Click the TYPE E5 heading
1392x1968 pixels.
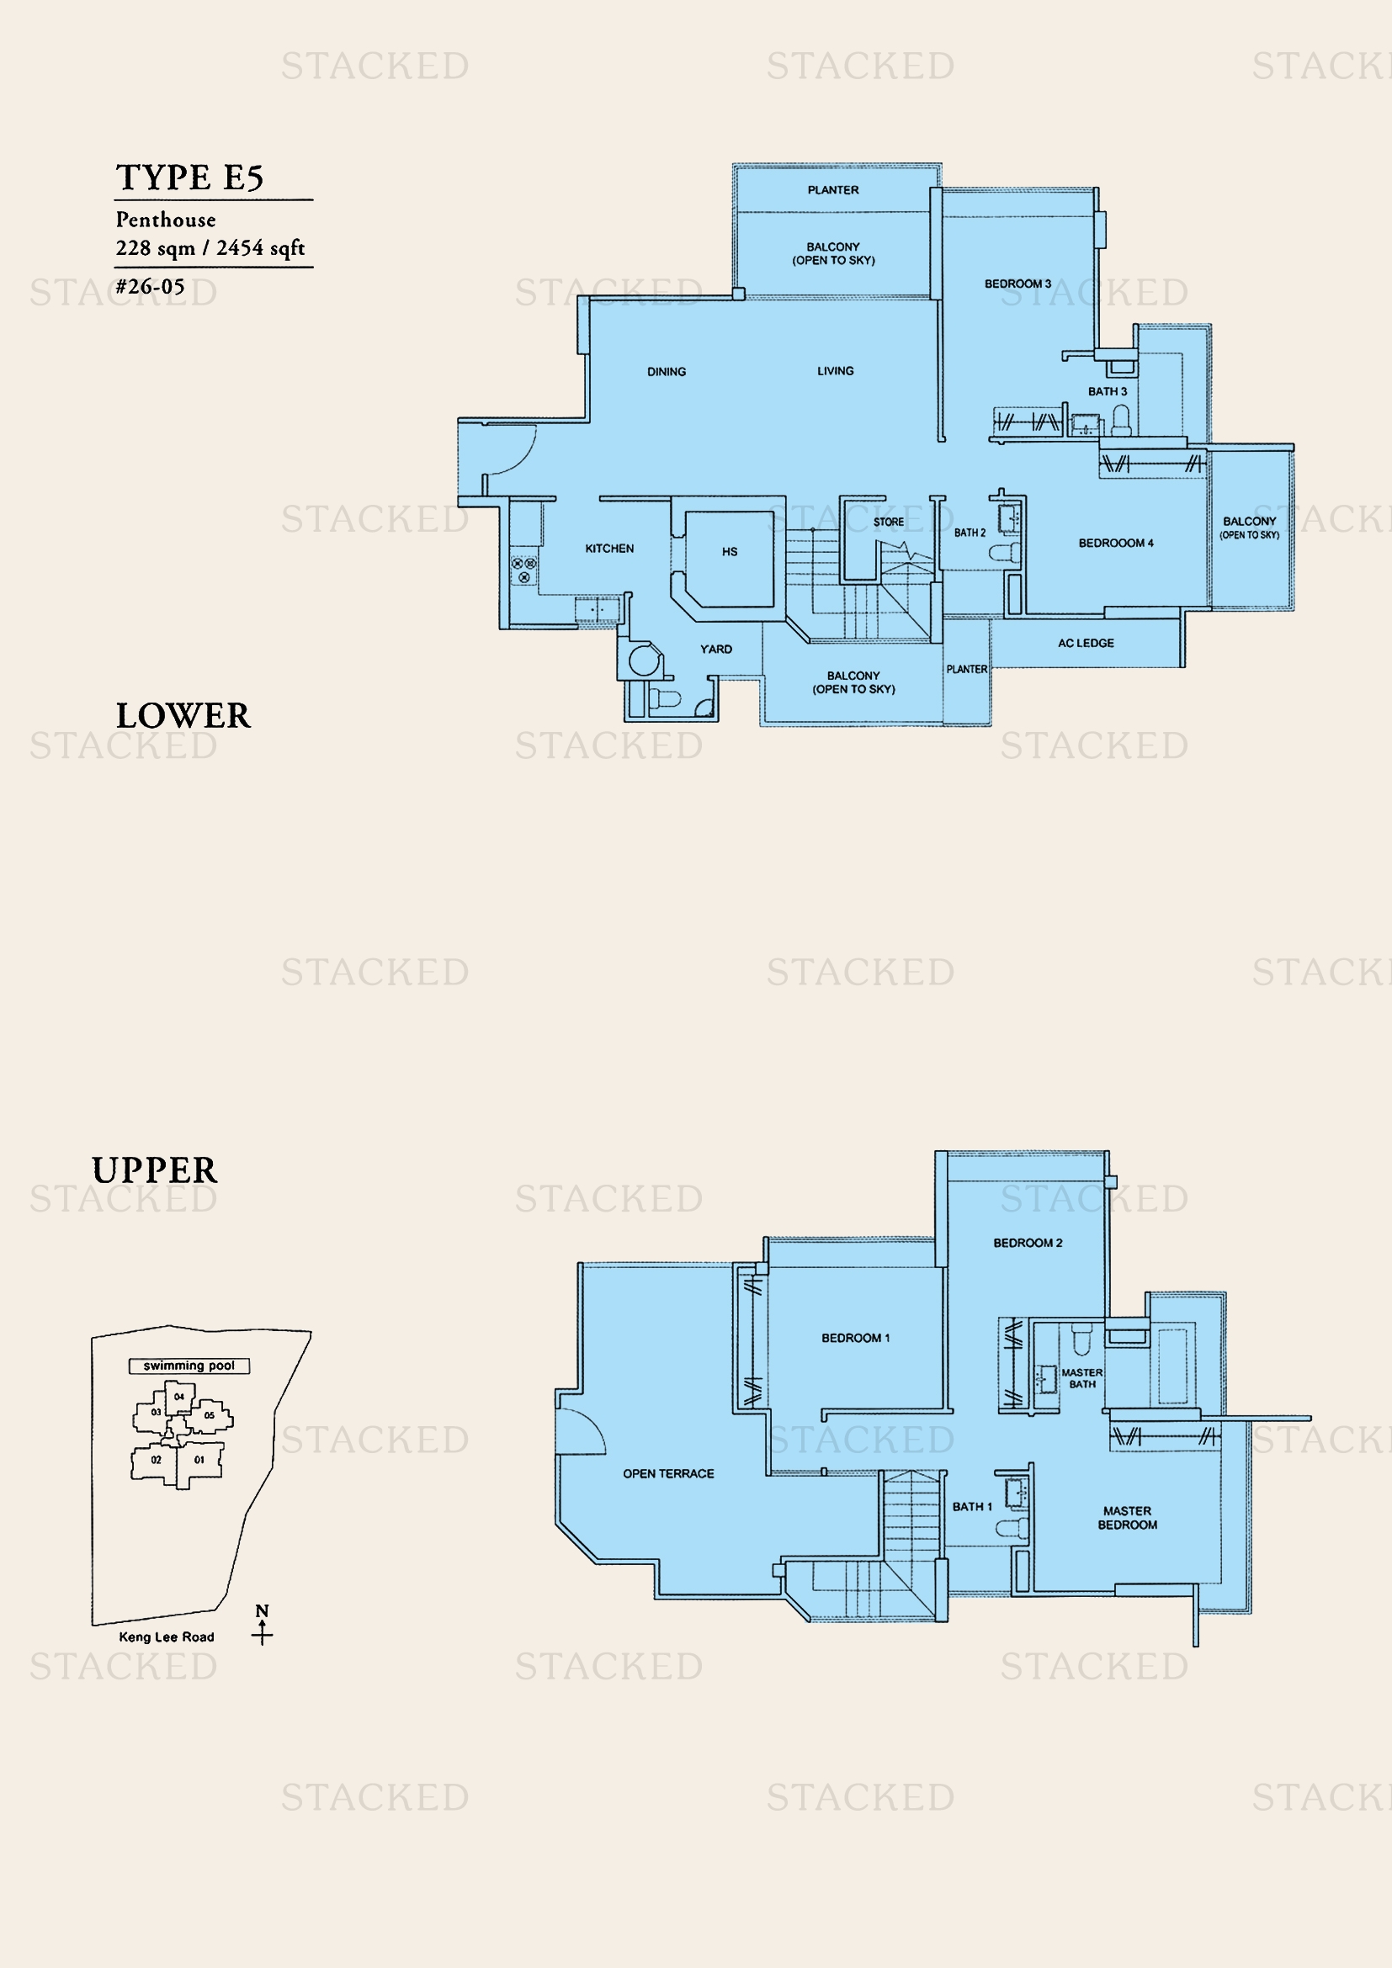point(189,178)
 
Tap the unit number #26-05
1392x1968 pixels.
point(150,286)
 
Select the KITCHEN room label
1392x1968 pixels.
point(609,549)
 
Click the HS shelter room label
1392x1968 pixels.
point(730,552)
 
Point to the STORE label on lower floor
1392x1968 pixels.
point(888,522)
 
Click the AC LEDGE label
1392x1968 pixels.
point(1086,643)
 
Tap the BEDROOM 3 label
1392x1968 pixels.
point(1017,284)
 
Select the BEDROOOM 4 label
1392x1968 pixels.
point(1116,544)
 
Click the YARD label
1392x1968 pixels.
point(715,649)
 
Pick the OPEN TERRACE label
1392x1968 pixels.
point(668,1473)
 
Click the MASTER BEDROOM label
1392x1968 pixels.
point(1127,1518)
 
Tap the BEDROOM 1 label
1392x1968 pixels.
point(855,1338)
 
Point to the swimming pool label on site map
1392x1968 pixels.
point(189,1366)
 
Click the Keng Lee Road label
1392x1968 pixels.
point(167,1637)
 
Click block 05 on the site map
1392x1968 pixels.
point(210,1416)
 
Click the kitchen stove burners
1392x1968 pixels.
point(523,570)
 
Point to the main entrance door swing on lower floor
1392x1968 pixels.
point(511,450)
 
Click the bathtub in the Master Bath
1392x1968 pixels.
point(1172,1366)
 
